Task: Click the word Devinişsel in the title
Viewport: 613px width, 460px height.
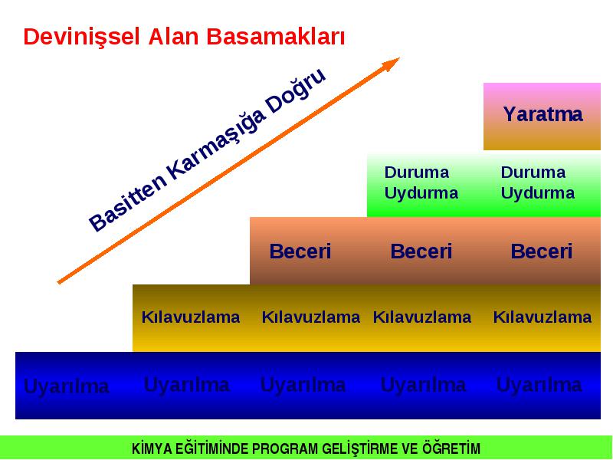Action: coord(81,38)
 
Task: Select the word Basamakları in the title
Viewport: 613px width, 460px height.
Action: coord(275,37)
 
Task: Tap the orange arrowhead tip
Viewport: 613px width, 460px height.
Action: coord(399,58)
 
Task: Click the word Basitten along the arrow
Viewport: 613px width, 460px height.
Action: coord(127,204)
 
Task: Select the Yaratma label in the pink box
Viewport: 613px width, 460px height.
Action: coord(543,114)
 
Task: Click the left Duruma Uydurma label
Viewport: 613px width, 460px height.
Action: coord(421,182)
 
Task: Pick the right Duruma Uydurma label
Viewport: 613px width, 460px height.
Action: coord(538,182)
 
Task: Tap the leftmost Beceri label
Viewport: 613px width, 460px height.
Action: coord(300,251)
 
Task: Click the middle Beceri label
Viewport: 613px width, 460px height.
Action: coord(421,251)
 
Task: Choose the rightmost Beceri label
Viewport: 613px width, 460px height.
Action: coord(542,251)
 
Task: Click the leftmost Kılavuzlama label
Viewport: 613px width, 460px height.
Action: coord(191,317)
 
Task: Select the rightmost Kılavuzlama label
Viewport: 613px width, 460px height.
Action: coord(543,317)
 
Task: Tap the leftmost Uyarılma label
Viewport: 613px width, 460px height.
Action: coord(67,387)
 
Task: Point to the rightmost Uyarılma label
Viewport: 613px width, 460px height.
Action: coord(539,385)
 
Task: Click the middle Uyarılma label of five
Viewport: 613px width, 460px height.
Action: coord(303,385)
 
